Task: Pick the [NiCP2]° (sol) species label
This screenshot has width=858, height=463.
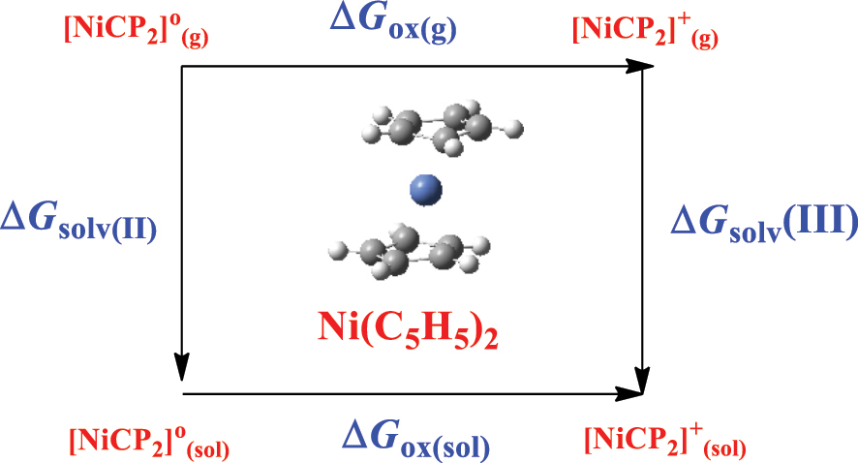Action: [149, 440]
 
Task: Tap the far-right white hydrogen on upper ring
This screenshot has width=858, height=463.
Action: [516, 126]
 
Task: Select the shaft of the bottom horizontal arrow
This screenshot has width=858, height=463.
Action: [407, 394]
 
